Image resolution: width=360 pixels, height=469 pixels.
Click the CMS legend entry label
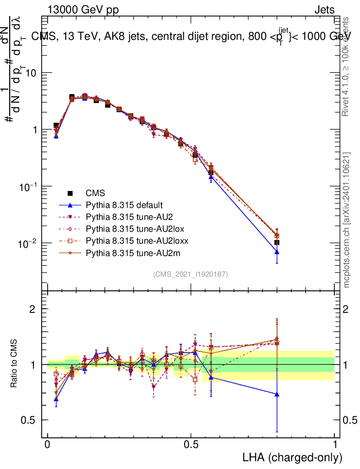tap(95, 193)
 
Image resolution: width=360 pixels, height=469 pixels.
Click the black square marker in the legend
tap(70, 193)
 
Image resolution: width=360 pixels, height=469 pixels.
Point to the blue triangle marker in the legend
tap(70, 205)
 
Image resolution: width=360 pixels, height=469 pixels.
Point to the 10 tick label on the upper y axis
tap(32, 73)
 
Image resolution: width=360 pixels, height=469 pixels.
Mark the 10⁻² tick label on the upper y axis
tap(27, 243)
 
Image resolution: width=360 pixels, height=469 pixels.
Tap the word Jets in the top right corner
tap(324, 10)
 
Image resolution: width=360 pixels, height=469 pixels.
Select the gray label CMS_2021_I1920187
tap(191, 274)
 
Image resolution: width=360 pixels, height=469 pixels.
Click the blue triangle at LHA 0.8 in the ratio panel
tap(277, 394)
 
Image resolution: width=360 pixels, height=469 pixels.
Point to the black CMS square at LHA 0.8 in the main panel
tap(277, 242)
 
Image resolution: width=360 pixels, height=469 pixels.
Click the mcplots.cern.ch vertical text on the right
tap(347, 220)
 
